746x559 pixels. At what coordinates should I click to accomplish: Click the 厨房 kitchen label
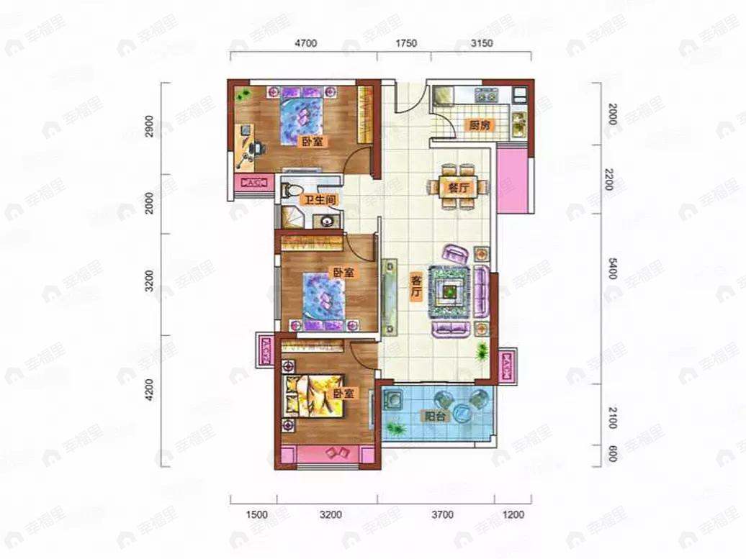pos(479,125)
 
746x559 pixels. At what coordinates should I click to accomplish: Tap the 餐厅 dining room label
pos(458,188)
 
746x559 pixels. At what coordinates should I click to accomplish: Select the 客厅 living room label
pos(416,286)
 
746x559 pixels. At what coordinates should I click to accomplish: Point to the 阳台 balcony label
pos(436,417)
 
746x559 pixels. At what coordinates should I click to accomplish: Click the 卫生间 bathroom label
pos(320,200)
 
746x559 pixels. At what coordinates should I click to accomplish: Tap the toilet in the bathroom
pos(291,191)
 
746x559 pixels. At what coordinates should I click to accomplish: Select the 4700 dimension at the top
pos(306,43)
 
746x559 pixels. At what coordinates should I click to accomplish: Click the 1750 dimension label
pos(406,43)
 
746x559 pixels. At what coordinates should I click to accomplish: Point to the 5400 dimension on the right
pos(613,269)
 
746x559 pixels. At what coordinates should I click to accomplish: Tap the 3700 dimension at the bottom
pos(442,514)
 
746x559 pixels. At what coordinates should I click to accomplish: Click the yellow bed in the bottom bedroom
pos(313,396)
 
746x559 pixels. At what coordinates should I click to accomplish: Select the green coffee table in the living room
pos(449,292)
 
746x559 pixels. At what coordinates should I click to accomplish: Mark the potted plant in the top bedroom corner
pos(243,94)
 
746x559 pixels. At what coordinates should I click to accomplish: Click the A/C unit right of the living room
pos(507,365)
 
